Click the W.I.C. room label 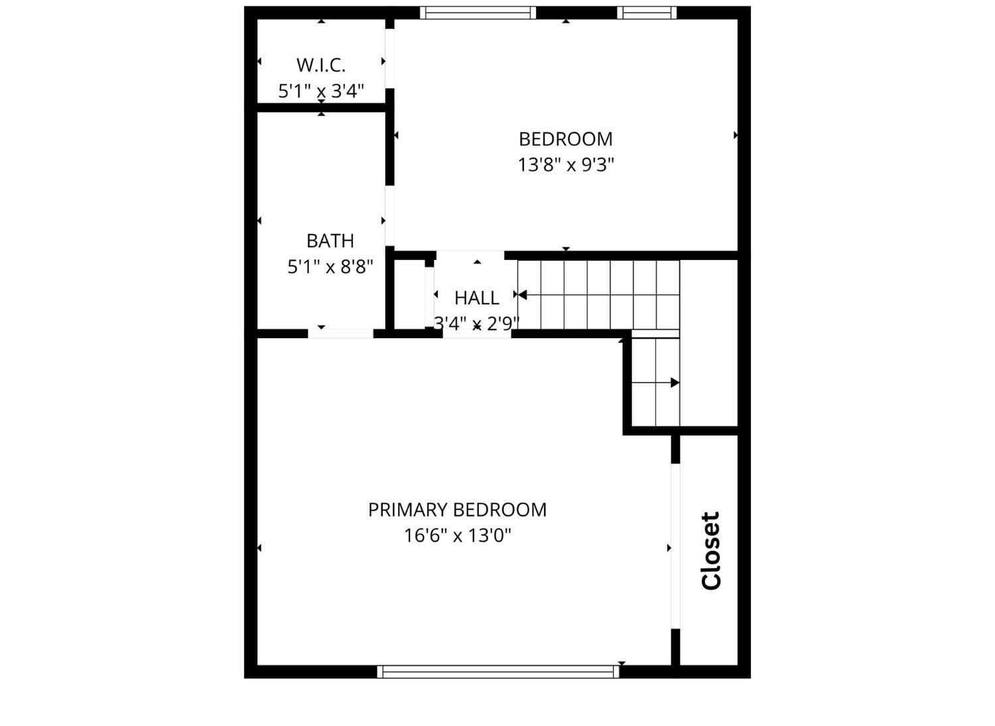coord(321,65)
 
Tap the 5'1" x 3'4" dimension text coord(321,91)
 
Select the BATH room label coord(330,240)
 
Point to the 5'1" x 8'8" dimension coord(330,267)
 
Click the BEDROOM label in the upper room coord(565,139)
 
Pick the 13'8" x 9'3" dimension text coord(565,164)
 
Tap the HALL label coord(476,297)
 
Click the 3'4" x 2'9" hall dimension coord(476,323)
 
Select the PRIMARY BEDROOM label coord(457,509)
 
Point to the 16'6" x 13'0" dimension coord(457,535)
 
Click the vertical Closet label coord(710,550)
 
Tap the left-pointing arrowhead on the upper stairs coord(523,294)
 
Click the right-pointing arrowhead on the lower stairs coord(675,383)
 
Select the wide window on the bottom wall coord(497,672)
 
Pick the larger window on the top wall coord(478,13)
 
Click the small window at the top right coord(647,13)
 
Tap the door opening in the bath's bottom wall coord(341,333)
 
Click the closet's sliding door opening coord(675,545)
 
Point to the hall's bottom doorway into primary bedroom coord(477,333)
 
